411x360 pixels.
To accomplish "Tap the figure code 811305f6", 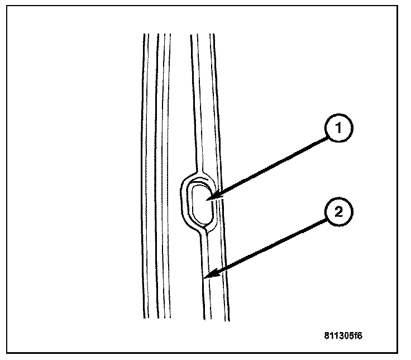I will click(x=343, y=336).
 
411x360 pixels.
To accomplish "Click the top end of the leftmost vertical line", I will click(x=144, y=35).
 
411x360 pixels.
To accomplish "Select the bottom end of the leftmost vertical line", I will click(x=144, y=318).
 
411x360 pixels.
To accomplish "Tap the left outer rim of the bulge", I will click(x=180, y=201).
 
